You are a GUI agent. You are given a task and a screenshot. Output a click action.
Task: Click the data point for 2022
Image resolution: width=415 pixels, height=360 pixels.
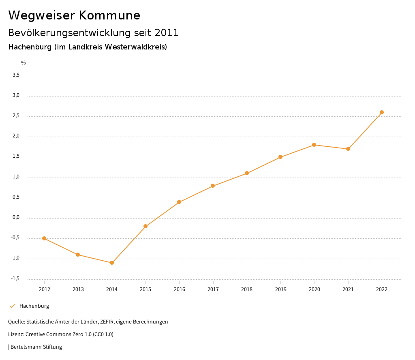coord(382,112)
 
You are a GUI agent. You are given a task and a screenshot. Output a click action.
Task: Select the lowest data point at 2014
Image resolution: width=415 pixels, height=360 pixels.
coord(112,263)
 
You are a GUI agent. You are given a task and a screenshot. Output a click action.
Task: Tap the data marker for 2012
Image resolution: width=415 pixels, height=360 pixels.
coord(44,238)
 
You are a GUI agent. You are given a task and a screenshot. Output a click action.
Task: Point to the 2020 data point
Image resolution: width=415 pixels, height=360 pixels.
coord(314,145)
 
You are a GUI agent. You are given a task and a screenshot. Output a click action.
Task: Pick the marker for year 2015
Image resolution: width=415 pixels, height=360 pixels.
coord(145,226)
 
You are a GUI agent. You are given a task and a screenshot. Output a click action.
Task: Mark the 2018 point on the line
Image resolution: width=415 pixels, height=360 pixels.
coord(247,173)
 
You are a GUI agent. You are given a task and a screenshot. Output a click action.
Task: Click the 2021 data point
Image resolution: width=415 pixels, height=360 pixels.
coord(348,149)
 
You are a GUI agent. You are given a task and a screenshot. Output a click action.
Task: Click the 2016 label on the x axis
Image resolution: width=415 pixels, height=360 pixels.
coord(180,289)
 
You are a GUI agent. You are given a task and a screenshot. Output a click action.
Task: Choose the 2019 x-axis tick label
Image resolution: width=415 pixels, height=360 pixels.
coord(280,289)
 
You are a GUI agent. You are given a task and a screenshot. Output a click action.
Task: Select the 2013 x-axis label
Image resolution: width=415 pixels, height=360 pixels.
coord(78,289)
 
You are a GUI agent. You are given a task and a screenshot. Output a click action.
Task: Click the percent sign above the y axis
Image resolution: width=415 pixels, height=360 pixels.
coord(24,62)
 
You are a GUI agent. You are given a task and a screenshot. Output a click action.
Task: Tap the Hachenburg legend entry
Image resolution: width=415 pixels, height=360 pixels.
coord(34,306)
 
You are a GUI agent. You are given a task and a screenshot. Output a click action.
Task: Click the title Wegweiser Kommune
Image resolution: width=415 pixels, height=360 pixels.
coord(74,15)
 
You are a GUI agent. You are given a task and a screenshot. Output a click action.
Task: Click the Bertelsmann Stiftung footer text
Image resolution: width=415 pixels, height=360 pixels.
coord(36,347)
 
